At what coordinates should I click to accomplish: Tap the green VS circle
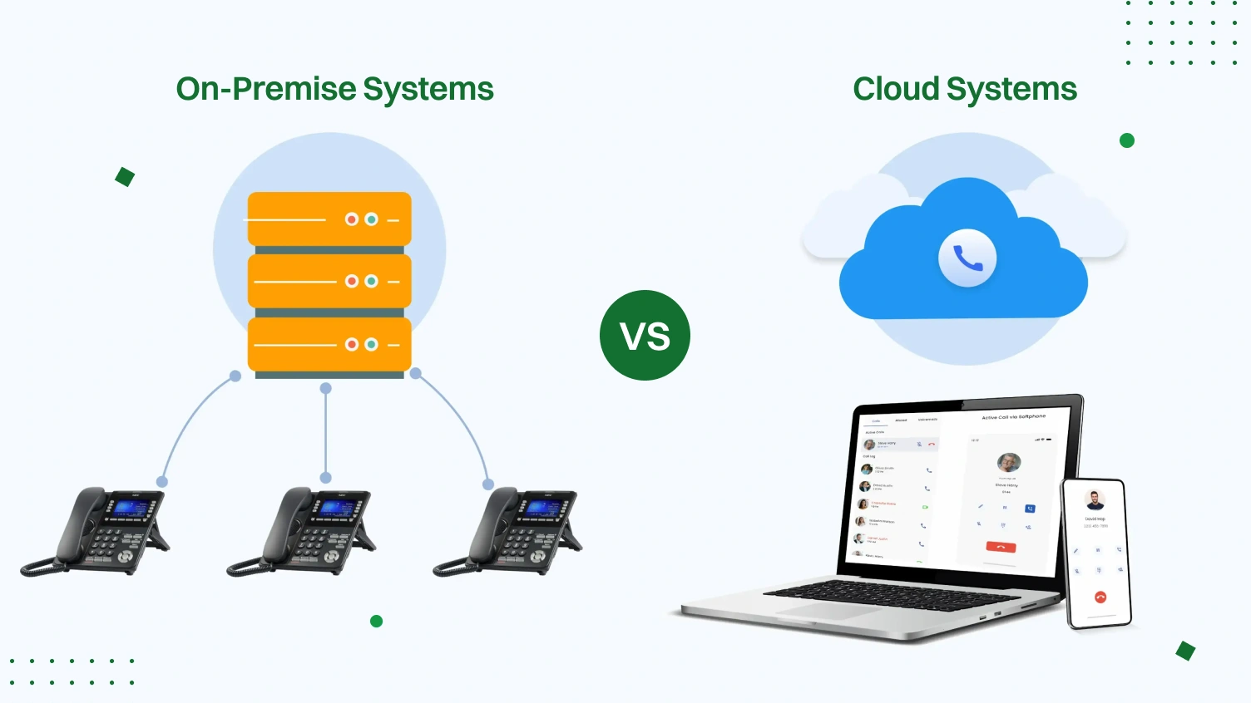point(645,335)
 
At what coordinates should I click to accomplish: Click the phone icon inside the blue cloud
point(967,258)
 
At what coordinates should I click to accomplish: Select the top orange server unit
point(329,219)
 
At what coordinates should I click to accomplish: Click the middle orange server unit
point(329,281)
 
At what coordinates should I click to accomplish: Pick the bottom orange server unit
point(329,343)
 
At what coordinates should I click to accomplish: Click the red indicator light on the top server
point(352,219)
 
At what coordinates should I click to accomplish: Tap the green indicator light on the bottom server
point(372,344)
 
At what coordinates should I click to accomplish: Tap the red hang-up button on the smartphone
point(1100,597)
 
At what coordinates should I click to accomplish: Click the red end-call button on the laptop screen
point(1001,547)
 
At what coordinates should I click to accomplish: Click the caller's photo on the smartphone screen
point(1095,500)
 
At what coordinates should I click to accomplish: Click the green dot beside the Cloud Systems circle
point(1127,140)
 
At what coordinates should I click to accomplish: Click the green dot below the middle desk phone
point(376,621)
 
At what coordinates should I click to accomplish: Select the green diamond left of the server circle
point(125,176)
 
